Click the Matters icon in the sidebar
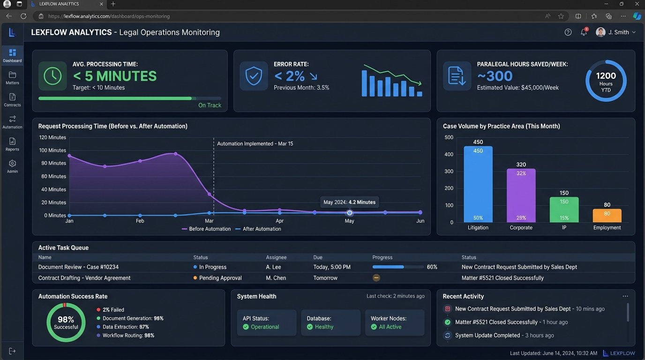tap(12, 75)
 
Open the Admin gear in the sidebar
tap(12, 164)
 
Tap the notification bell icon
tap(584, 32)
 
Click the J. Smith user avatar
tap(600, 32)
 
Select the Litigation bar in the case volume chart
tap(478, 184)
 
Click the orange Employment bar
tap(607, 216)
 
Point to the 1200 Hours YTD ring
tap(606, 80)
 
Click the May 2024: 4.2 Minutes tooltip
tap(349, 202)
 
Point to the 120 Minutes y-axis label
tap(52, 137)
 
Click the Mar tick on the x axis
tap(209, 221)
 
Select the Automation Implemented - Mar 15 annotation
tap(255, 144)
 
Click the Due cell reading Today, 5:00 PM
tap(332, 267)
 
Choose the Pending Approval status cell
tap(220, 278)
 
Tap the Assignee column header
tap(276, 257)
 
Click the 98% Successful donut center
tap(66, 322)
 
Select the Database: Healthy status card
tap(330, 322)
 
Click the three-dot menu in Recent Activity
tap(625, 296)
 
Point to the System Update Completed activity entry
tap(487, 336)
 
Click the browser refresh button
tap(23, 16)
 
